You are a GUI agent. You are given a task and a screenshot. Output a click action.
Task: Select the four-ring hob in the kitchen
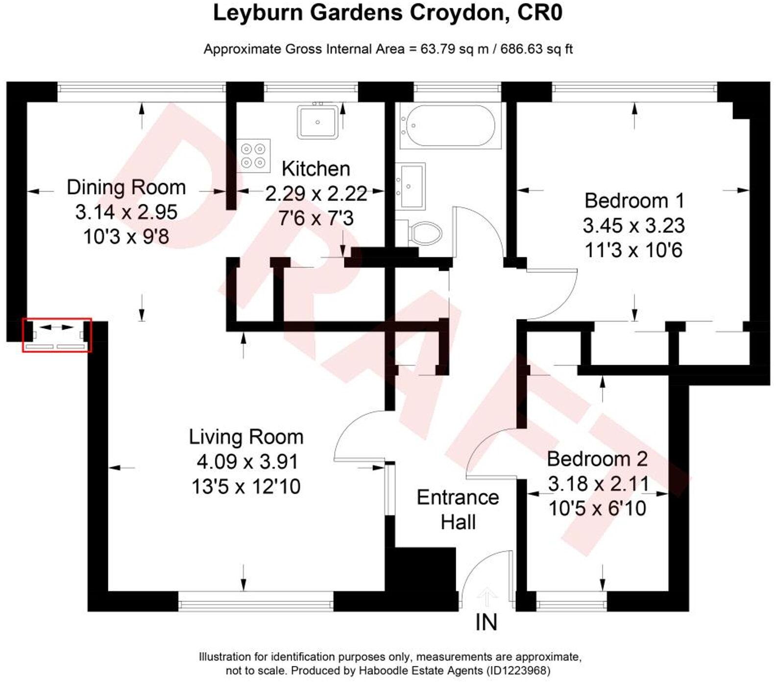pos(254,155)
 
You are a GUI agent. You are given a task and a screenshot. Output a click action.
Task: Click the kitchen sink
pos(317,122)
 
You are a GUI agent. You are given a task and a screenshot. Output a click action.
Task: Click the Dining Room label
pos(126,188)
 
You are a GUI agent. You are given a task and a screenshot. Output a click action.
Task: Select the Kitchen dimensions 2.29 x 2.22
pos(316,194)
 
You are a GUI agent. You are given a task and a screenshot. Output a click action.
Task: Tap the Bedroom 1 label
pos(634,201)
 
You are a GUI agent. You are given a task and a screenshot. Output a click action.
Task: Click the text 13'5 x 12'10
pos(246,487)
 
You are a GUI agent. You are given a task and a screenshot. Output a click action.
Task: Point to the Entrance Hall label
pos(458,510)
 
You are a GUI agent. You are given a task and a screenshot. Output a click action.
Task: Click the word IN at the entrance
pos(486,623)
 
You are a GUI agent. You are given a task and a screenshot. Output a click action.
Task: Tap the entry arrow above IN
pos(486,596)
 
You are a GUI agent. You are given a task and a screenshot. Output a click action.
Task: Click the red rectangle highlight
pos(57,335)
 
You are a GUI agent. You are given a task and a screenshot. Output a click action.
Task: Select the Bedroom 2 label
pos(597,459)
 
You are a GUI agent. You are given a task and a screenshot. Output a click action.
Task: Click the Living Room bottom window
pos(255,601)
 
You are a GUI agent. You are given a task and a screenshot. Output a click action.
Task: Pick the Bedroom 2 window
pos(571,601)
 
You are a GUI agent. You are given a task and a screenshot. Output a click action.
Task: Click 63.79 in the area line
pos(437,49)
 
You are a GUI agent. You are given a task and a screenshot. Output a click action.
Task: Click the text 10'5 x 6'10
pos(597,509)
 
